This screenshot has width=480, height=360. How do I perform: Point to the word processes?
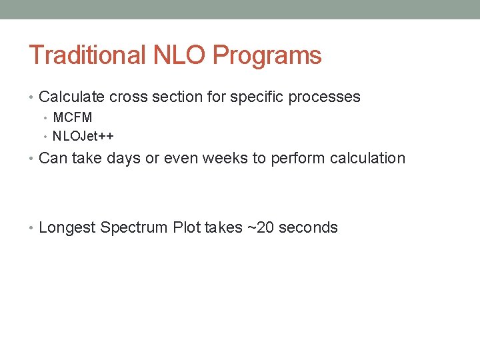pyautogui.click(x=327, y=97)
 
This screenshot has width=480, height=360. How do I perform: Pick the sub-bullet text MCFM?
pyautogui.click(x=73, y=118)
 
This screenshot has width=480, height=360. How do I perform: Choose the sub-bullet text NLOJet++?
pyautogui.click(x=83, y=136)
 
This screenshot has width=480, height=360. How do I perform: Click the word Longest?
pyautogui.click(x=67, y=228)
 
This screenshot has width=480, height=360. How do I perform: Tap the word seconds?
pyautogui.click(x=308, y=227)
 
